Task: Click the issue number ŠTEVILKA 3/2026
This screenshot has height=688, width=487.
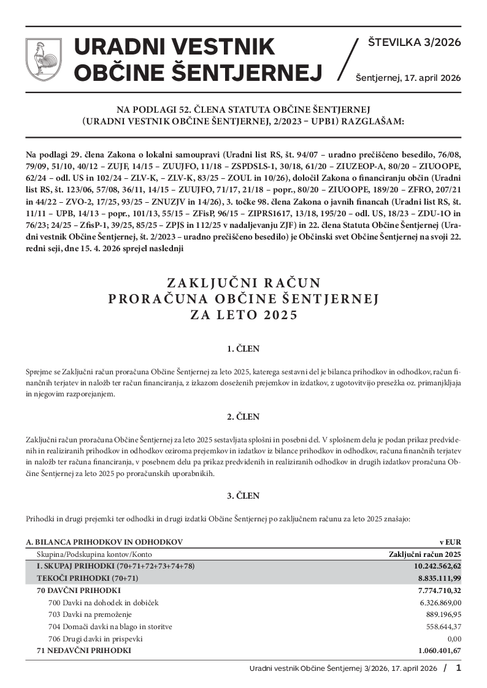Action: point(414,42)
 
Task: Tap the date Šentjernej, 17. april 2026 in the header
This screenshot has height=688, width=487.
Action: point(408,78)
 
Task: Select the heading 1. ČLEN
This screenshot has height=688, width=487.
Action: point(243,349)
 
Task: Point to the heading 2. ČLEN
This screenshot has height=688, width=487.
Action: point(243,417)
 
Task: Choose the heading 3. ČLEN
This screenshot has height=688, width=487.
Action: point(243,496)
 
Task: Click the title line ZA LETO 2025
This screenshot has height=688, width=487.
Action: point(243,316)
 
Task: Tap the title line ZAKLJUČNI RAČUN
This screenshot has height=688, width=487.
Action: point(243,283)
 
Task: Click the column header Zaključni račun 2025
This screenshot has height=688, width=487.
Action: point(425,554)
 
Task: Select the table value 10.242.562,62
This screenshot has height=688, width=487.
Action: point(437,566)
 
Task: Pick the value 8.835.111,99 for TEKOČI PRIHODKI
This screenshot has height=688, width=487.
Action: point(439,578)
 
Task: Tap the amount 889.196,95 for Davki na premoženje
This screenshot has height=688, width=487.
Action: point(443,614)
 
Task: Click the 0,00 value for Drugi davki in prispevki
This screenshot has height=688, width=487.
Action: point(454,638)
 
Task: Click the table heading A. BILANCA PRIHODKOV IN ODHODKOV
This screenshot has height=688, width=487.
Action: point(104,542)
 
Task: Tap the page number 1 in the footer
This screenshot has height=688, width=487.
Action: point(458,668)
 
